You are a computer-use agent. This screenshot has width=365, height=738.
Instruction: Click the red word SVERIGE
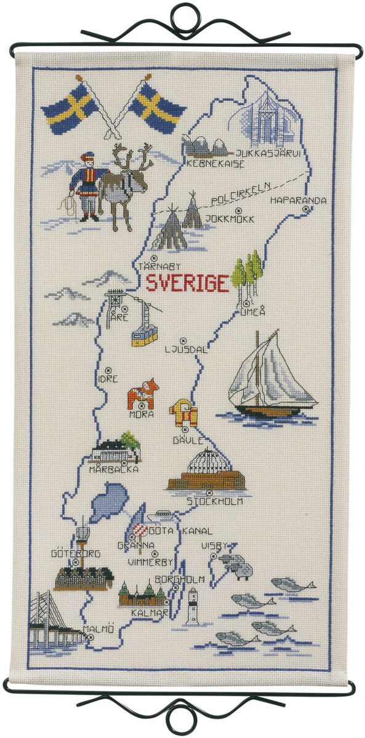[187, 284]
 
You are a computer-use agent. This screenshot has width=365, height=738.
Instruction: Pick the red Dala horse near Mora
[143, 394]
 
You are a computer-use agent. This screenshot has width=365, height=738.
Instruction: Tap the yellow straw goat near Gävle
[185, 413]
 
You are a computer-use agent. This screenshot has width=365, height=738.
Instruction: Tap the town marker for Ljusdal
[183, 340]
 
